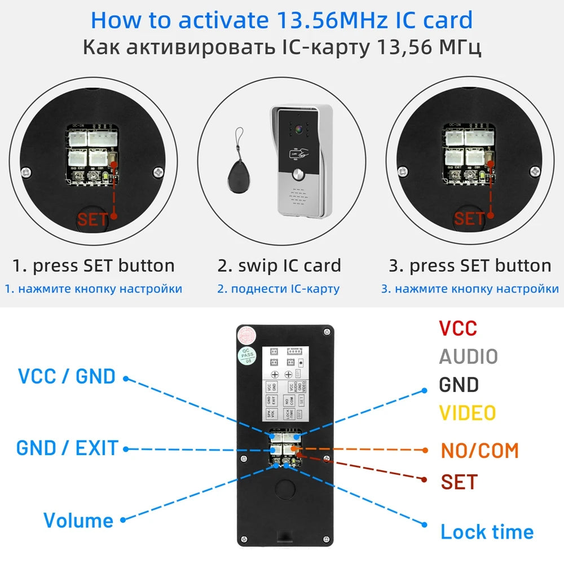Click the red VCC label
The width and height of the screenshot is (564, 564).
[x=457, y=328]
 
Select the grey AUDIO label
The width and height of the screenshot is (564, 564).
[x=468, y=356]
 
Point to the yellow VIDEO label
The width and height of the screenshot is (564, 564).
[x=468, y=413]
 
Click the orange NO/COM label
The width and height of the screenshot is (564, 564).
[x=479, y=451]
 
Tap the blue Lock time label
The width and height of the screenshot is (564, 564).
[x=486, y=532]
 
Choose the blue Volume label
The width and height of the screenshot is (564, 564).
[x=78, y=520]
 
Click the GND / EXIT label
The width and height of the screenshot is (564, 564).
[x=67, y=448]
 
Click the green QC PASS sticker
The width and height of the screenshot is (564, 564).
[x=246, y=356]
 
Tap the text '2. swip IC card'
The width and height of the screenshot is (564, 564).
[x=279, y=265]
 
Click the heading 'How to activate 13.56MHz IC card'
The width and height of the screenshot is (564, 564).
[x=281, y=20]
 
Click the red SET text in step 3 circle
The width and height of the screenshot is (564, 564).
[x=469, y=219]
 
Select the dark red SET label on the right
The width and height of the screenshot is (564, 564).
[x=459, y=482]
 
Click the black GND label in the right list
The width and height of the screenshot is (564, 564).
[x=459, y=385]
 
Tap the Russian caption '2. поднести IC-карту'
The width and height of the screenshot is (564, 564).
[x=279, y=289]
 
